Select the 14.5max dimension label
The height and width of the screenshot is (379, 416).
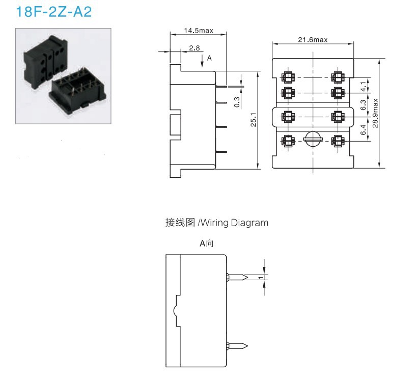tap(199, 31)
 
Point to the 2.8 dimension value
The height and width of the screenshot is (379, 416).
tap(195, 48)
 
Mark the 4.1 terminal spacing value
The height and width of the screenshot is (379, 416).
tap(363, 86)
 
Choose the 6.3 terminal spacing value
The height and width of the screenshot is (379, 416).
tap(363, 105)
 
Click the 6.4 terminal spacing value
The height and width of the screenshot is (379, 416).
tap(363, 129)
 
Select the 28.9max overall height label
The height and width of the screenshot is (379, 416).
tap(375, 113)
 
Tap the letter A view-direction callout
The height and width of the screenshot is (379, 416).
tap(209, 59)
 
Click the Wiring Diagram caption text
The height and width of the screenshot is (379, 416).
tap(216, 223)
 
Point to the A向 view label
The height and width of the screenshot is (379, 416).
tap(206, 243)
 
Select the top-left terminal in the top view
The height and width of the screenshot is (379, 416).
tap(288, 77)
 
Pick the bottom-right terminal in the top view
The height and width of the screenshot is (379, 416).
tap(337, 140)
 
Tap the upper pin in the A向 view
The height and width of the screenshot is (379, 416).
tap(237, 277)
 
